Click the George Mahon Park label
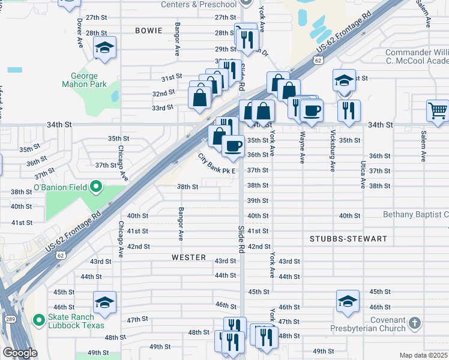click(x=79, y=80)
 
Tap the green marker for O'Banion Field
click(x=96, y=188)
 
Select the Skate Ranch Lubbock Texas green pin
click(x=40, y=321)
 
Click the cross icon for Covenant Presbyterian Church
click(x=414, y=324)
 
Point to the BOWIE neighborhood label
click(x=149, y=30)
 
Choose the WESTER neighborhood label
click(x=188, y=257)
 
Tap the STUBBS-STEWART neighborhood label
click(x=348, y=239)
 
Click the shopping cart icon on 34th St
click(x=438, y=110)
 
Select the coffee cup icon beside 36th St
click(x=233, y=145)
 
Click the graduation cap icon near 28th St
click(x=105, y=48)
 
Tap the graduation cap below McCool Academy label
click(x=345, y=80)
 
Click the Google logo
click(x=20, y=353)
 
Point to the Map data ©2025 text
click(x=423, y=355)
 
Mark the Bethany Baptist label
click(x=415, y=215)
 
